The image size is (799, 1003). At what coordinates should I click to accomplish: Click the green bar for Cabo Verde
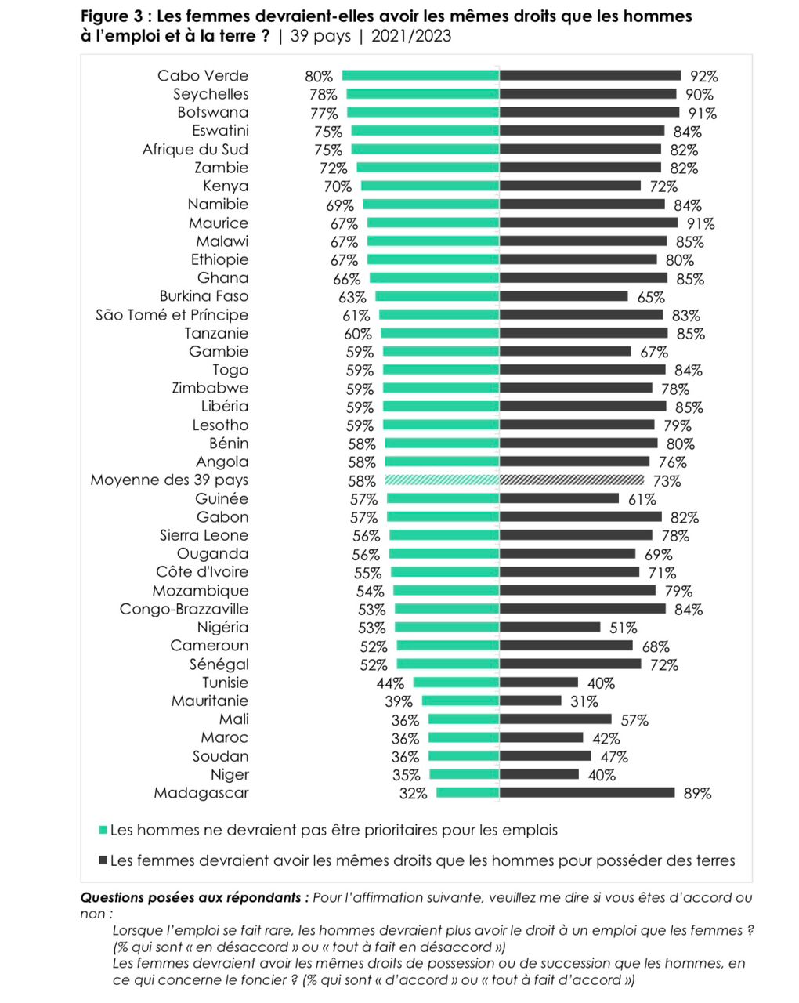point(420,76)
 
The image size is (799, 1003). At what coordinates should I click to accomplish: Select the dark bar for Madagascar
point(587,793)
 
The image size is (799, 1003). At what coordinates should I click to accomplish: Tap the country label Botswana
point(212,112)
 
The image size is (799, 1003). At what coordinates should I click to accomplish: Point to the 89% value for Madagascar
point(697,794)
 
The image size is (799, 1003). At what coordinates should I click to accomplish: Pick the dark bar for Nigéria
point(550,627)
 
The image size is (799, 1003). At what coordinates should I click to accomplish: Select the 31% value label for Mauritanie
point(584,701)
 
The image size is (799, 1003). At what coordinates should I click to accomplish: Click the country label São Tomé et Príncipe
point(172,315)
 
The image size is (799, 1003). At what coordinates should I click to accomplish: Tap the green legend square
point(103,830)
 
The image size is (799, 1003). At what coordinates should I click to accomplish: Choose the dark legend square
point(103,860)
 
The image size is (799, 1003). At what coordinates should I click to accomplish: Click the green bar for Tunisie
point(456,683)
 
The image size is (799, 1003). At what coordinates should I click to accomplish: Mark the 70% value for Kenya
point(338,186)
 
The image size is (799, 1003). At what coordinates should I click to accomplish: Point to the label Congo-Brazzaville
point(184,609)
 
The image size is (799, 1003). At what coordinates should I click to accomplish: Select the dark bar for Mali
point(555,719)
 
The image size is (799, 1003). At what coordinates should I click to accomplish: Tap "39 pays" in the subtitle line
point(320,36)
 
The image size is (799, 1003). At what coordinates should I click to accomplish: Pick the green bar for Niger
point(465,774)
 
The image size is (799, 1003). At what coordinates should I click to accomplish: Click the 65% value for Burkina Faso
point(651,297)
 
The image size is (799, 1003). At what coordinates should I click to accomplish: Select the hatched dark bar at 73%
point(572,480)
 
